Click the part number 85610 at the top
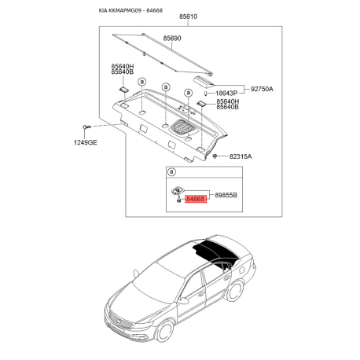[188, 17]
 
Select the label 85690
[172, 39]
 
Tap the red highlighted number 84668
[196, 199]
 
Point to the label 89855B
[226, 195]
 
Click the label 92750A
[262, 89]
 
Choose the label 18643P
[226, 94]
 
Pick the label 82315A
[241, 156]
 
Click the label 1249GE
[86, 143]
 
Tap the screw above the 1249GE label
[87, 127]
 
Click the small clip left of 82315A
[215, 156]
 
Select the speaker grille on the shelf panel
[183, 127]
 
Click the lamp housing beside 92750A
[204, 81]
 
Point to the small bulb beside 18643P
[206, 94]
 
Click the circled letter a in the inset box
[171, 172]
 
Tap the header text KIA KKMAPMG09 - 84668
[130, 10]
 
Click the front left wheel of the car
[164, 332]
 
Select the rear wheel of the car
[235, 291]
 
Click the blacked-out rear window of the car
[215, 251]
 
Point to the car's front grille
[121, 320]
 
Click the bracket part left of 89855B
[177, 191]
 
